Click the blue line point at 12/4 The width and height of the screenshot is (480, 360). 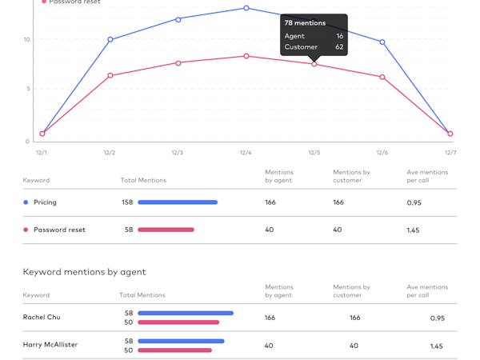coord(246,8)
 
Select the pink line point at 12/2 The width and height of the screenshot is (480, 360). coord(110,76)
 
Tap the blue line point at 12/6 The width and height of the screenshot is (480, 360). coord(382,42)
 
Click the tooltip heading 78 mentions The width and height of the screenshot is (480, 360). coord(305,23)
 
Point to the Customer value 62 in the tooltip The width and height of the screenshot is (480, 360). coord(339,47)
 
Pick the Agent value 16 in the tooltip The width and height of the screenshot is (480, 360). coord(339,36)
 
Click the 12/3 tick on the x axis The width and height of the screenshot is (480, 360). coord(178,152)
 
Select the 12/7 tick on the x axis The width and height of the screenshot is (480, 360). coord(450,152)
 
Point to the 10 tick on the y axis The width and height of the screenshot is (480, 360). coord(26,39)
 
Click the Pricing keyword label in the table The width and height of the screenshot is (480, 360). coord(45,202)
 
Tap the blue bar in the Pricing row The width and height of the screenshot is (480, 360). coord(178,202)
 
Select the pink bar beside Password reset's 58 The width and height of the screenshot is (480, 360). coord(166,230)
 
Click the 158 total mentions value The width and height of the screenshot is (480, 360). coord(127,202)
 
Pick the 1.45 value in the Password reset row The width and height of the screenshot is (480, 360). coord(414,230)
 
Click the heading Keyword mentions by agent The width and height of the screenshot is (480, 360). coord(85,272)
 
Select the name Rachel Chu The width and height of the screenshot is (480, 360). coord(42,318)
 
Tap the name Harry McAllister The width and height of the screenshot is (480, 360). coord(50,346)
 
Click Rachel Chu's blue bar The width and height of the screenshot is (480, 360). coord(186,313)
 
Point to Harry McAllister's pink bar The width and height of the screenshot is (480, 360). coord(174,350)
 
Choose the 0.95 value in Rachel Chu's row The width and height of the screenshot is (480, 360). coord(437,318)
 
